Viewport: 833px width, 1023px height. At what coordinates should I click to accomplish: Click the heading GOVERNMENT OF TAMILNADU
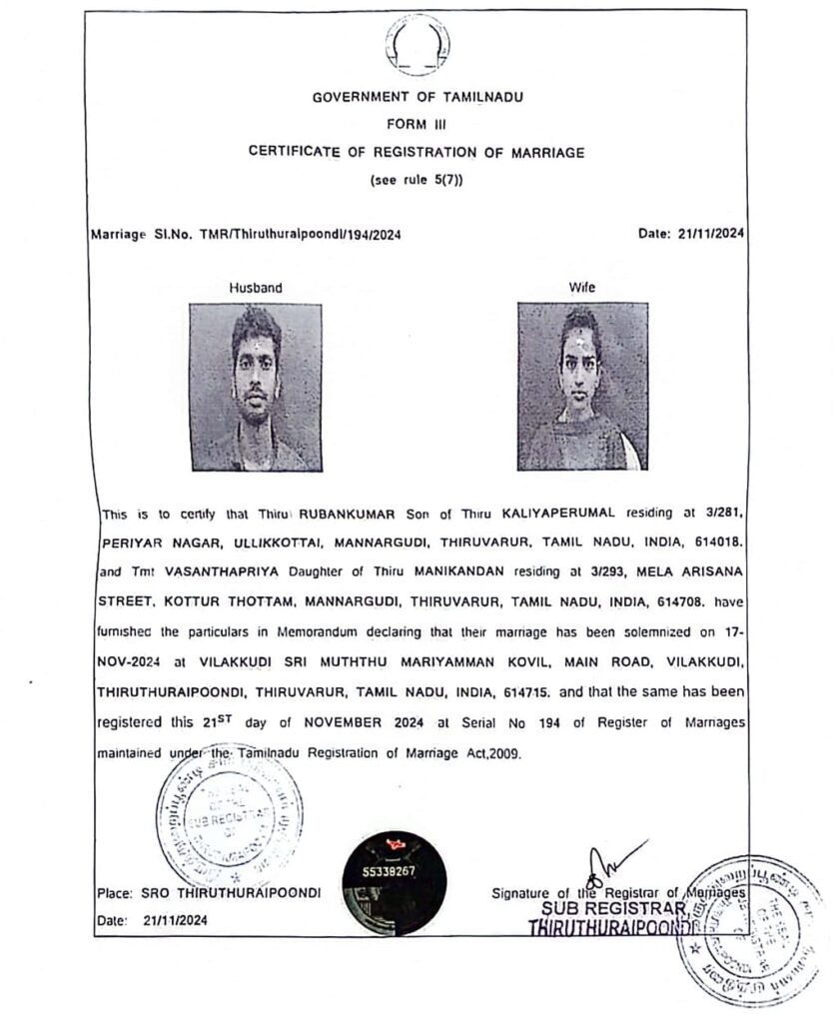(416, 98)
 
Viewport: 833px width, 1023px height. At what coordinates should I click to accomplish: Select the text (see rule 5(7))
(416, 180)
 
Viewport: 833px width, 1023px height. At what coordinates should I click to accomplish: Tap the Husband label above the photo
(256, 288)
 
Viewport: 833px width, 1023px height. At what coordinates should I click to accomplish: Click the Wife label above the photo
(582, 288)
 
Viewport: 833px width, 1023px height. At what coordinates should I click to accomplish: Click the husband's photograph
(256, 387)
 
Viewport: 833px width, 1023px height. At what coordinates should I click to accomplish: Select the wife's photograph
(582, 387)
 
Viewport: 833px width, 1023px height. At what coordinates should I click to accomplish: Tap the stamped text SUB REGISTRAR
(612, 909)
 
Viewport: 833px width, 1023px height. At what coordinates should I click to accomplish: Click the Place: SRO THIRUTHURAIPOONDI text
(209, 892)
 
